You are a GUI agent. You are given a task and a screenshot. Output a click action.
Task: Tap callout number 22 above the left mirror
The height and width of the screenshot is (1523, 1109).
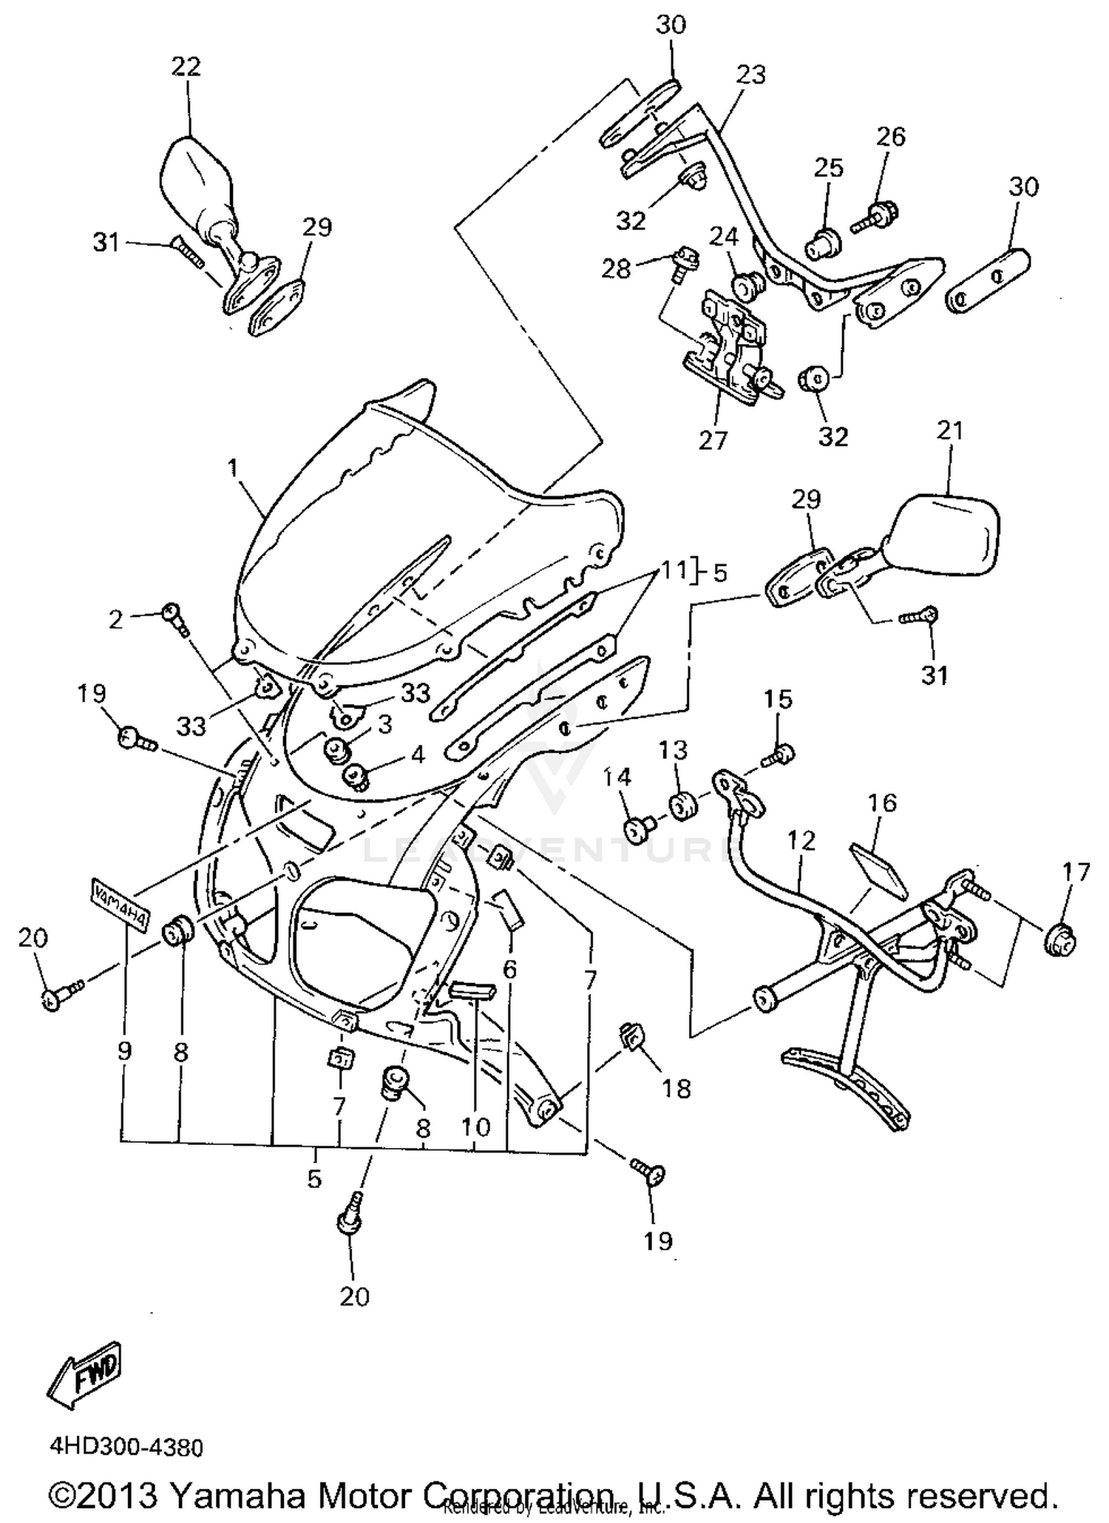pos(186,67)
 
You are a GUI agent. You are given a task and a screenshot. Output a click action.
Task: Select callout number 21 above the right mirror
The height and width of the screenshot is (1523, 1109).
pos(950,430)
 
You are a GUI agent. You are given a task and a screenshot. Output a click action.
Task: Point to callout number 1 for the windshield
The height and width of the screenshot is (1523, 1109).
pos(234,467)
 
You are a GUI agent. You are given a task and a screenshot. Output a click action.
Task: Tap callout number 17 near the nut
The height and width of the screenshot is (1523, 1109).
pos(1076,873)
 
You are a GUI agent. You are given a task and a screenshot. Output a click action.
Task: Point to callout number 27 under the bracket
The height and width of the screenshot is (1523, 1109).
pos(713,440)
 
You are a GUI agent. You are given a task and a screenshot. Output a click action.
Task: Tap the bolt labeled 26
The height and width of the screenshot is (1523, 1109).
pos(872,217)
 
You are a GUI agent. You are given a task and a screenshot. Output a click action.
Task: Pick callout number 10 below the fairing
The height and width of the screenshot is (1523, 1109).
pos(475,1127)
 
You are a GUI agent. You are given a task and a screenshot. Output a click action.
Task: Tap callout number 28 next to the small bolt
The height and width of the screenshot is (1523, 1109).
pos(616,268)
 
